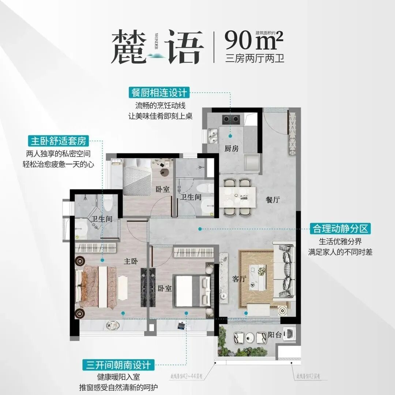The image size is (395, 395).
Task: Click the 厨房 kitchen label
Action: point(232,148)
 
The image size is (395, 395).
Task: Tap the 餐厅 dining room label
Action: point(273,200)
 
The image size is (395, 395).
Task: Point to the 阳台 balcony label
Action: point(275,334)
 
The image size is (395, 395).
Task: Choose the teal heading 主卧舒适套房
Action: point(59,140)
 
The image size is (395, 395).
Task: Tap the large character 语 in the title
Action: point(183,48)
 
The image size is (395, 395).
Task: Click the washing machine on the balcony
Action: point(291,334)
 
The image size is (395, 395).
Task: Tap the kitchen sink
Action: point(212,135)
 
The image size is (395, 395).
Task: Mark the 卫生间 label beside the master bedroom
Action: point(101,219)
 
